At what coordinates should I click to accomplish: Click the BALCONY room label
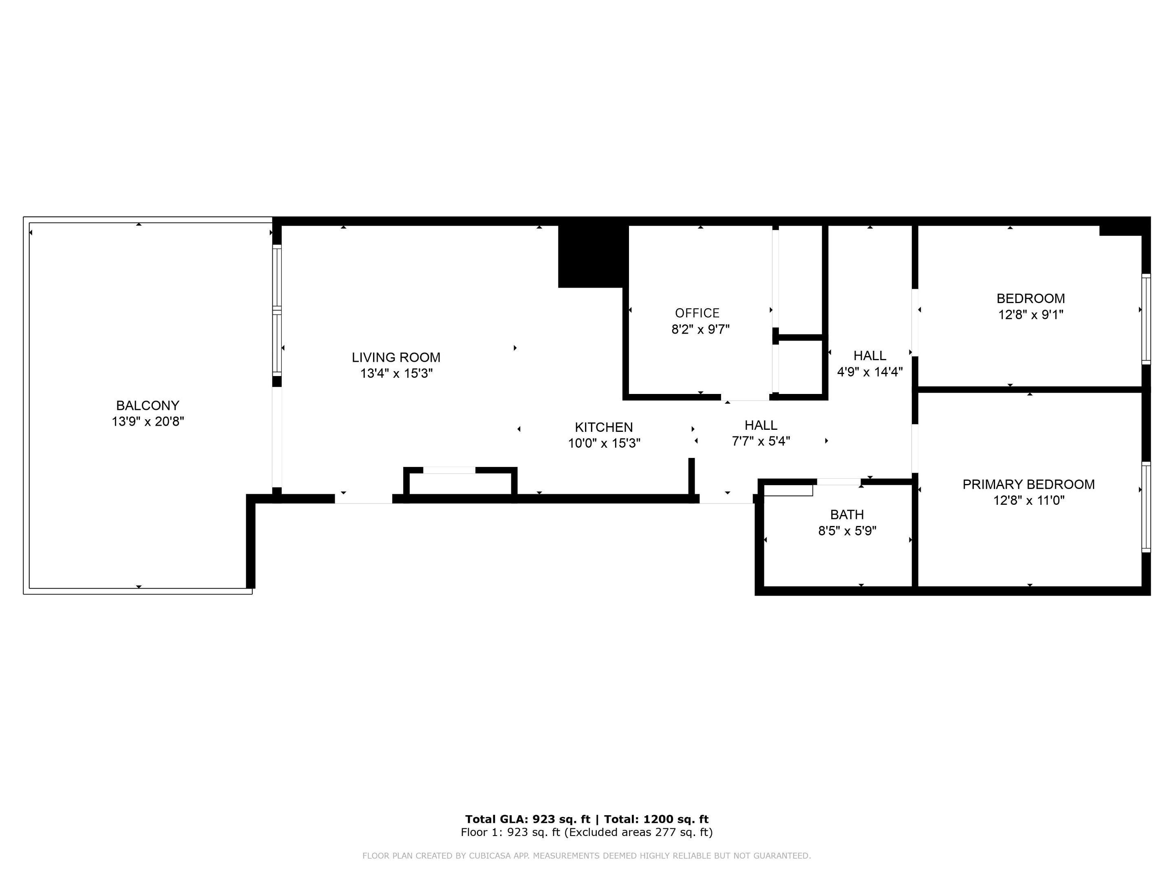pyautogui.click(x=148, y=405)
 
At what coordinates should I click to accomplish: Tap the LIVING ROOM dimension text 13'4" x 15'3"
pyautogui.click(x=397, y=374)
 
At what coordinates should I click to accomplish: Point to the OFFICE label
pyautogui.click(x=697, y=313)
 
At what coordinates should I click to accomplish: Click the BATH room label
pyautogui.click(x=847, y=515)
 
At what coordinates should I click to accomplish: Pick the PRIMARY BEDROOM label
pyautogui.click(x=1028, y=484)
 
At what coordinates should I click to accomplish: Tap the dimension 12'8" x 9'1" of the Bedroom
pyautogui.click(x=1030, y=315)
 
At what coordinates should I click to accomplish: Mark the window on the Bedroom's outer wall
pyautogui.click(x=1146, y=319)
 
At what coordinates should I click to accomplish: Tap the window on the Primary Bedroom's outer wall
pyautogui.click(x=1146, y=507)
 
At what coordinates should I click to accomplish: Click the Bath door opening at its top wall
pyautogui.click(x=838, y=482)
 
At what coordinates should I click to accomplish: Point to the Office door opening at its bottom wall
pyautogui.click(x=745, y=397)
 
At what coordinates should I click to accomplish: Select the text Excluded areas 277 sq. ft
pyautogui.click(x=638, y=832)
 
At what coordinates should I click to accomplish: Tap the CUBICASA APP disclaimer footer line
pyautogui.click(x=587, y=856)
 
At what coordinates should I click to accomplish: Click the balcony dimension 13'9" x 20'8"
pyautogui.click(x=148, y=422)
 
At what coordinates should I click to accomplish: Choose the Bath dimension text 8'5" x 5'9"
pyautogui.click(x=847, y=531)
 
